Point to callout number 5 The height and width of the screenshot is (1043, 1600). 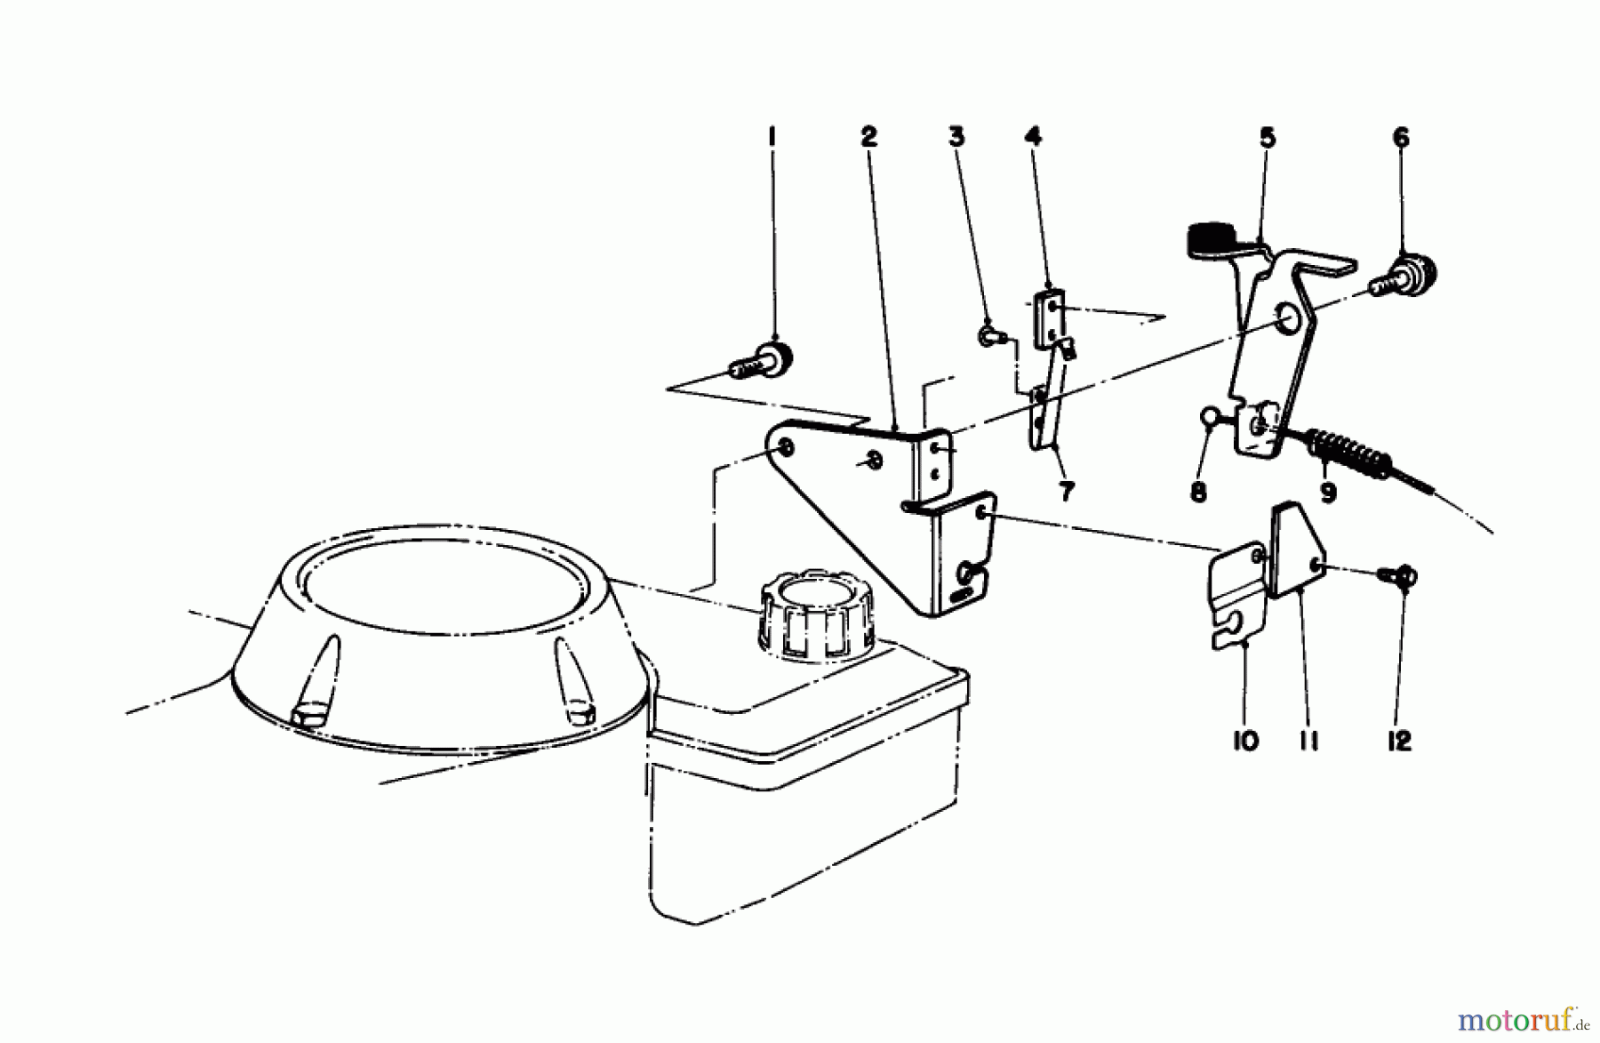click(1268, 138)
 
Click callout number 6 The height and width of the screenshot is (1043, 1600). click(1401, 138)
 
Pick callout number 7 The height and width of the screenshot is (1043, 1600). click(1066, 490)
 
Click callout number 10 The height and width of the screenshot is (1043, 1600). click(1246, 741)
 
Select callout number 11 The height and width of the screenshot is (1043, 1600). click(1308, 741)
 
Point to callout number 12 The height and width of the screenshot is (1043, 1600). click(1399, 741)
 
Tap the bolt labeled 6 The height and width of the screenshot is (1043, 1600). click(1404, 276)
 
